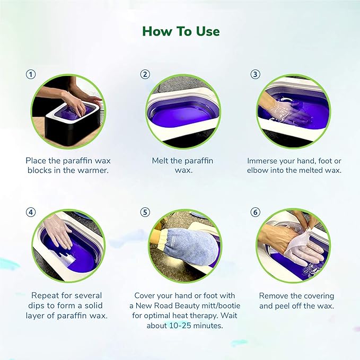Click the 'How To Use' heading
pyautogui.click(x=180, y=31)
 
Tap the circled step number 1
pyautogui.click(x=31, y=74)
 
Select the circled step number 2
pyautogui.click(x=145, y=74)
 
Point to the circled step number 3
pyautogui.click(x=256, y=74)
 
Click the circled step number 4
pyautogui.click(x=31, y=212)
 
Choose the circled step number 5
pyautogui.click(x=145, y=212)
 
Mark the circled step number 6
pyautogui.click(x=256, y=212)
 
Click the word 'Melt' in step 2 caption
pyautogui.click(x=163, y=160)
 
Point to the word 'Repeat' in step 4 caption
pyautogui.click(x=46, y=295)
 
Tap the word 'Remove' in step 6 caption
pyautogui.click(x=274, y=295)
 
